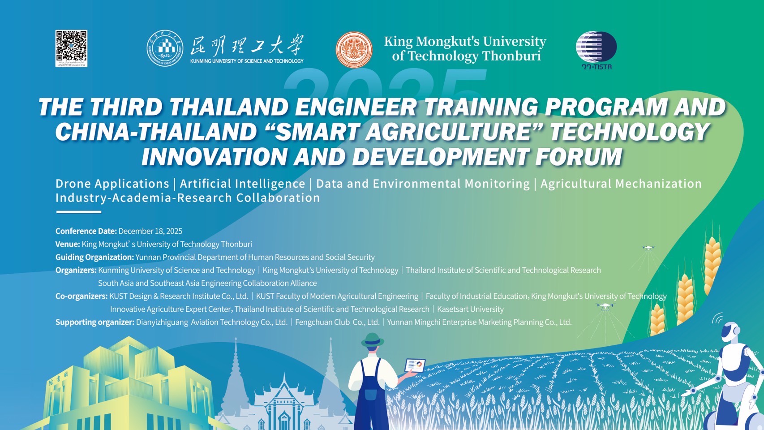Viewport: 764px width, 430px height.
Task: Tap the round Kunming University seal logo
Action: click(x=165, y=48)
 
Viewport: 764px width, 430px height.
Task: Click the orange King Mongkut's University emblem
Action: click(x=354, y=49)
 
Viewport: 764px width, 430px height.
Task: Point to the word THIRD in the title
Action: click(x=126, y=107)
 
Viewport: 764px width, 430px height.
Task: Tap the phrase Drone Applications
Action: click(x=112, y=184)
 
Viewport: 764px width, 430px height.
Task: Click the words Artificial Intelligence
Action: click(x=242, y=184)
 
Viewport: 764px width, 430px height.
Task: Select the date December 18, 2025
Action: click(x=150, y=231)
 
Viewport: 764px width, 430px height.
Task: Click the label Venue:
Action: click(x=68, y=244)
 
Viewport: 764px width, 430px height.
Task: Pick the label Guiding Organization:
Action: click(x=94, y=257)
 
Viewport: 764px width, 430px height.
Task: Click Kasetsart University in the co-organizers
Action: click(x=470, y=309)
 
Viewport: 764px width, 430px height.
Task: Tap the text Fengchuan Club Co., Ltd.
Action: click(x=337, y=322)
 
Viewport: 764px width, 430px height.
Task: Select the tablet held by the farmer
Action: click(x=415, y=365)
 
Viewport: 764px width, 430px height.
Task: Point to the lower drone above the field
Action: click(x=605, y=306)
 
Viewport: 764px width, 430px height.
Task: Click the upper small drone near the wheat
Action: click(x=648, y=247)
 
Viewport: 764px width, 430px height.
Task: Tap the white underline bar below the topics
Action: click(x=78, y=212)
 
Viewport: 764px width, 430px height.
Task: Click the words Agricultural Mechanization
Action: click(x=621, y=184)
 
